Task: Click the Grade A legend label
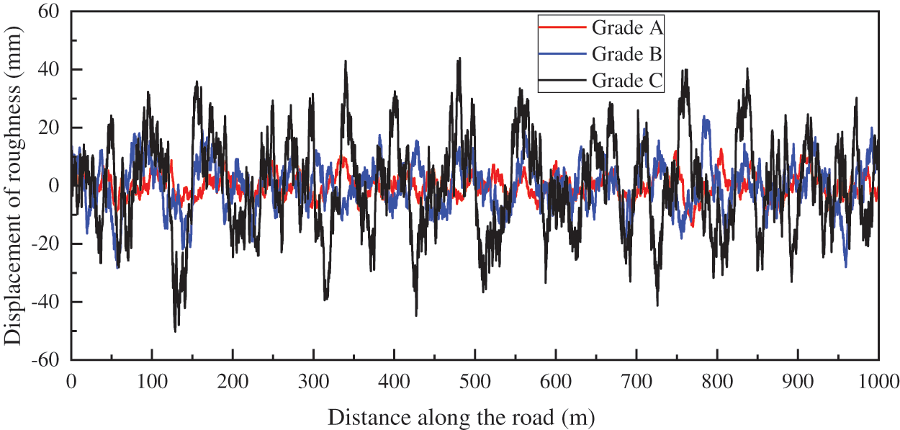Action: tap(628, 28)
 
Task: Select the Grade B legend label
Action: tap(628, 54)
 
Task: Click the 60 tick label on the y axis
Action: tap(53, 12)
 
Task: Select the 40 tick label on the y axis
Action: tap(53, 70)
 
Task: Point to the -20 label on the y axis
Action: tap(49, 244)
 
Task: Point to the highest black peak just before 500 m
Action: tap(459, 59)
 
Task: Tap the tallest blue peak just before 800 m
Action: tap(706, 119)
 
